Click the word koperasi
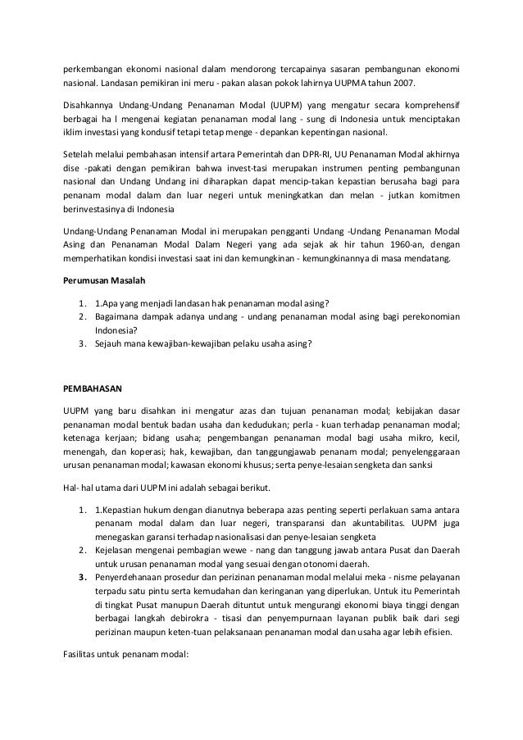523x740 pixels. coord(163,450)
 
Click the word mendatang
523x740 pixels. coord(425,260)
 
